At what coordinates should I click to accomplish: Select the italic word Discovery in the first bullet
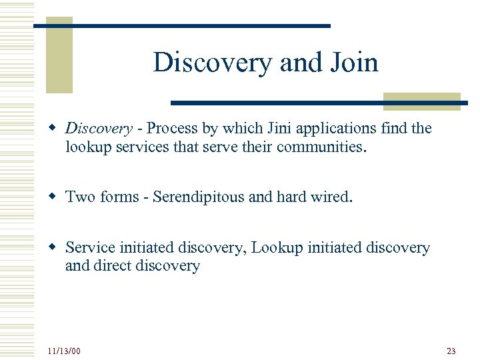tap(99, 128)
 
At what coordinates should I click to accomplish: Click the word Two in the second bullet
tap(81, 197)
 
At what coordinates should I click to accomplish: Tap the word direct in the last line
tap(111, 266)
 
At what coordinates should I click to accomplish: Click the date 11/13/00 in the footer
tap(64, 351)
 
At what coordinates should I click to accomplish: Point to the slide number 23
tap(451, 351)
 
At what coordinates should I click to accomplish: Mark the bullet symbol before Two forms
tap(56, 197)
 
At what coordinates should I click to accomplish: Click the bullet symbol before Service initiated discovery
tap(56, 248)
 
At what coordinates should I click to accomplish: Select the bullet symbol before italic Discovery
tap(56, 128)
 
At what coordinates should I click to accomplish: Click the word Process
tap(170, 128)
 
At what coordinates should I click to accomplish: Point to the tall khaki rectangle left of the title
tap(59, 55)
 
